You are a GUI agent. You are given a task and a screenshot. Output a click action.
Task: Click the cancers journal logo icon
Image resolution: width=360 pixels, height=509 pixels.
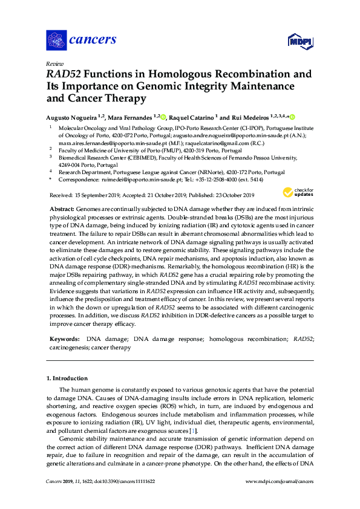[56, 40]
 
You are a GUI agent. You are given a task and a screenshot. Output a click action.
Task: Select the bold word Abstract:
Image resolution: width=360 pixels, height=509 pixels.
[62, 207]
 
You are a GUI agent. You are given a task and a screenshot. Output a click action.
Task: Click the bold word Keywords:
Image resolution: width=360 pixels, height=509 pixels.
[64, 340]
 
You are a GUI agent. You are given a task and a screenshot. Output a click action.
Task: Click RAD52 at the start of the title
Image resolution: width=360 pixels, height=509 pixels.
[64, 75]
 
